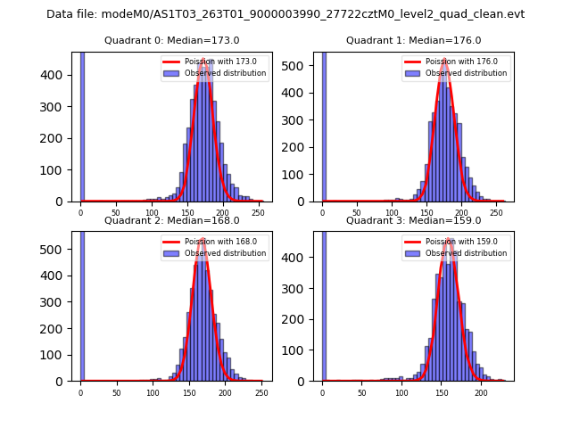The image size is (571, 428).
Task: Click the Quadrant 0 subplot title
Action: pyautogui.click(x=171, y=40)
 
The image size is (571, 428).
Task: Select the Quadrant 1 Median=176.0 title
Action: pyautogui.click(x=413, y=40)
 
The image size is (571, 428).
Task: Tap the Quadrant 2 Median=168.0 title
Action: pyautogui.click(x=171, y=220)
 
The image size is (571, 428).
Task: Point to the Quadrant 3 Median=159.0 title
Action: pyautogui.click(x=413, y=220)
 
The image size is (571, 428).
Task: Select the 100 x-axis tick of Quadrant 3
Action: pyautogui.click(x=401, y=391)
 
